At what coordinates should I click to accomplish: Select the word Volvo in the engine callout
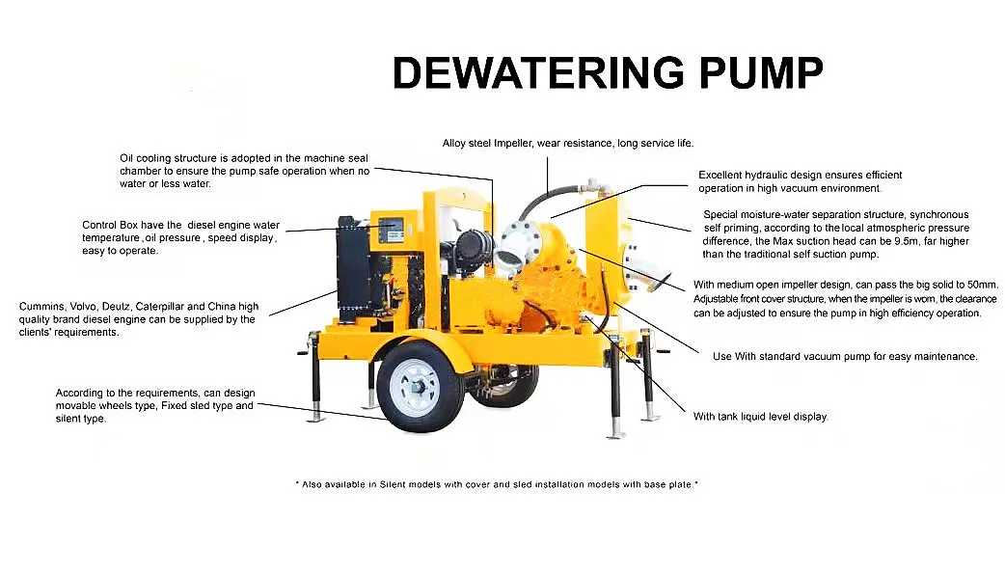coord(83,307)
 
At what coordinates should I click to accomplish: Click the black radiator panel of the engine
coord(352,269)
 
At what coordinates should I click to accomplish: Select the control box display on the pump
coord(391,229)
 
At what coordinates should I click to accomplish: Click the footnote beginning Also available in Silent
coord(497,484)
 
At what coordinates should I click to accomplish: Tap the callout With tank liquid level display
coord(761,417)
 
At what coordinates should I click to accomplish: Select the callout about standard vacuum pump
coord(846,356)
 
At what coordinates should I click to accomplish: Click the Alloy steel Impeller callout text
coord(568,143)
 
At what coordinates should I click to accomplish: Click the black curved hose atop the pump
coord(545,199)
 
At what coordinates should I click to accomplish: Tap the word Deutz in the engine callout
coord(116,307)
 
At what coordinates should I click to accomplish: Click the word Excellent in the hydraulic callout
coord(720,175)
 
